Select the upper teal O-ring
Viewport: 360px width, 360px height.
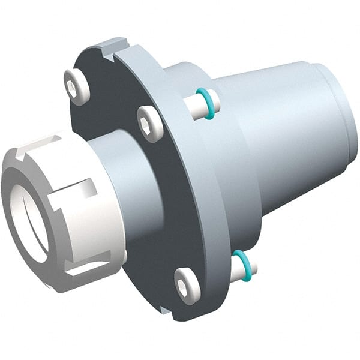click(x=205, y=103)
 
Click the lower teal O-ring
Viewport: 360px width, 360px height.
click(x=241, y=265)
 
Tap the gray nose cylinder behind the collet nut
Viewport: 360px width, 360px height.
click(x=129, y=180)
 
